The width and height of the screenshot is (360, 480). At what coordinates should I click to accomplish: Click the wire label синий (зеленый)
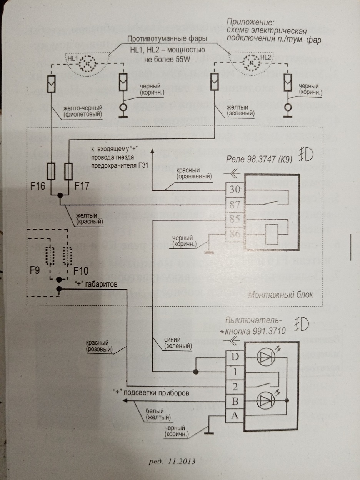178,343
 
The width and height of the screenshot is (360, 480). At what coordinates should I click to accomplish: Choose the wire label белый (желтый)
158,414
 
